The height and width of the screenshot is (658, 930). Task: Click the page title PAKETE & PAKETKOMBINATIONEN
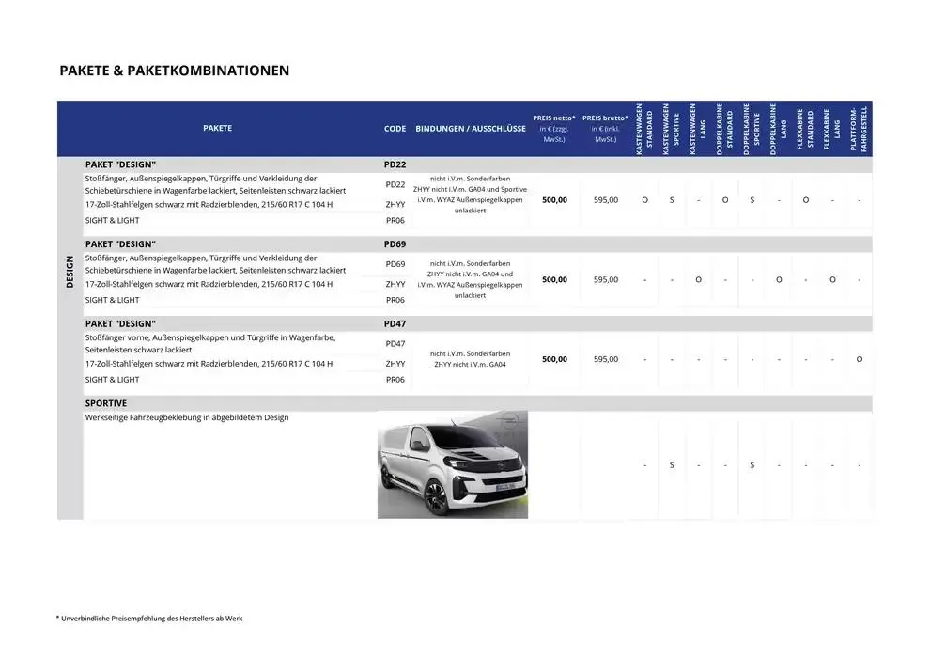coord(174,70)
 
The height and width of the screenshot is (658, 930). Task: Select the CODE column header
coord(395,129)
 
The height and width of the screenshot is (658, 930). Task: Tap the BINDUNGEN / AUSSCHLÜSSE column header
coord(471,129)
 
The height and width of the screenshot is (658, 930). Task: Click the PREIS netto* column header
coord(554,129)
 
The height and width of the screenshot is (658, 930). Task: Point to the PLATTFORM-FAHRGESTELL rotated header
coord(859,130)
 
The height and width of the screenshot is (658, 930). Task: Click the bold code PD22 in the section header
coord(395,164)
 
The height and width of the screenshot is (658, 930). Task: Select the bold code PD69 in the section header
coord(395,244)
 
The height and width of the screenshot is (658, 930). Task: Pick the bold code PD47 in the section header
coord(395,324)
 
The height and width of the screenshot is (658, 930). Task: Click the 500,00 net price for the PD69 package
coord(554,279)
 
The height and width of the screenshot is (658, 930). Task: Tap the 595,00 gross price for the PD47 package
coord(606,359)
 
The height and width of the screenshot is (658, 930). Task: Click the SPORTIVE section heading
coord(106,403)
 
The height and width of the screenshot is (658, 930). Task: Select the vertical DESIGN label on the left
coord(70,273)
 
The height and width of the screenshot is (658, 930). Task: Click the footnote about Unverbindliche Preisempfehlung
coord(148,618)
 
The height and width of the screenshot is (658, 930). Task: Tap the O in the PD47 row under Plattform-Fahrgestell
coord(859,359)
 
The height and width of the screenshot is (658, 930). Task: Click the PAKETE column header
coord(217,129)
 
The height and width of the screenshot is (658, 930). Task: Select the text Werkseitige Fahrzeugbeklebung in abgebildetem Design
coord(187,417)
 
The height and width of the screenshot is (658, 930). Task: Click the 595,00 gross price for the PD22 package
coord(606,199)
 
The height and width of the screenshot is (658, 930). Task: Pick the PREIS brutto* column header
coord(606,129)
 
